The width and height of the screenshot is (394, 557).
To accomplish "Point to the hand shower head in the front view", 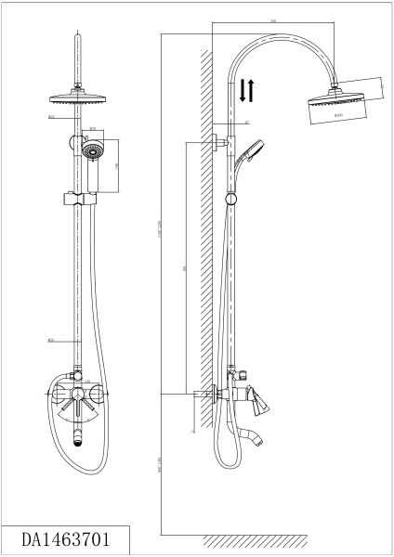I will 91,149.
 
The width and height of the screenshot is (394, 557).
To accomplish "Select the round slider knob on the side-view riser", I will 231,198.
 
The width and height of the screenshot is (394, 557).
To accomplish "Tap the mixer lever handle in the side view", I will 261,399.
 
